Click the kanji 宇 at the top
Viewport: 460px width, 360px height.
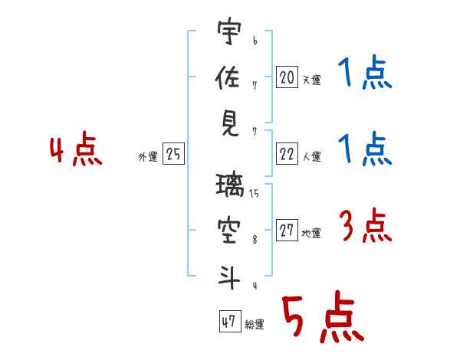230,31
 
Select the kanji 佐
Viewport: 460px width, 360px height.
228,77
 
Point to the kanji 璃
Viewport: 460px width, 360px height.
230,185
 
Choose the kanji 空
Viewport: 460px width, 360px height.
229,231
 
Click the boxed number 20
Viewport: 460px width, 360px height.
287,77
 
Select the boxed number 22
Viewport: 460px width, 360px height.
287,154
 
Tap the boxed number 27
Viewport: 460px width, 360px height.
287,230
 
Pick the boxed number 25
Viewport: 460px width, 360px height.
173,154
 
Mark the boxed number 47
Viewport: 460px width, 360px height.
230,321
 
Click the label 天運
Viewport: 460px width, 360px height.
312,80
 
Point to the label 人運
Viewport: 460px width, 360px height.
312,156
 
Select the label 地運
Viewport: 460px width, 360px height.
311,234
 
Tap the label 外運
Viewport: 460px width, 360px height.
148,156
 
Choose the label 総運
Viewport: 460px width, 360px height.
255,325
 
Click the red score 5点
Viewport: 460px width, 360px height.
324,316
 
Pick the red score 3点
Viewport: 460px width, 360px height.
366,225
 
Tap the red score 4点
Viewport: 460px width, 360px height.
76,149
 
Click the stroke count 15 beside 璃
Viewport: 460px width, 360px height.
254,193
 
